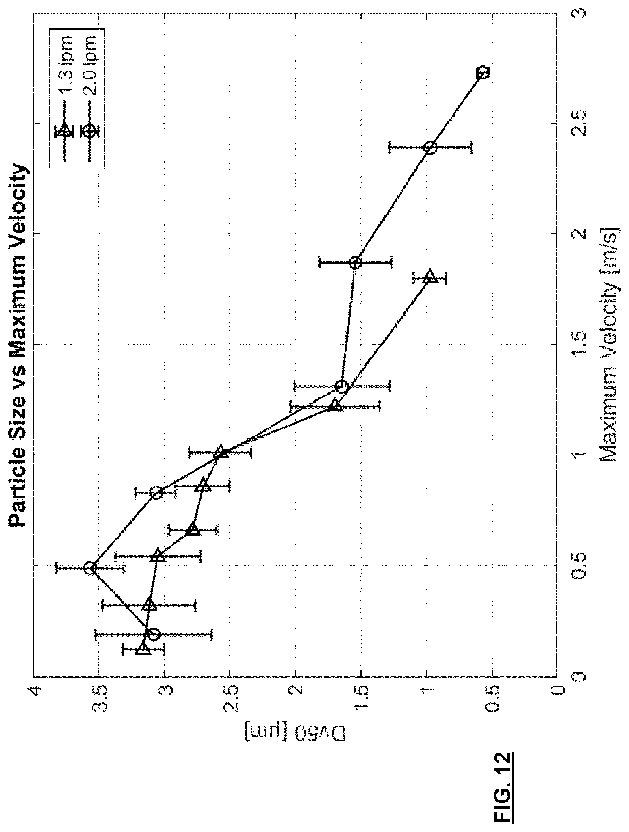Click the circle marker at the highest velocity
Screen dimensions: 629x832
[483, 72]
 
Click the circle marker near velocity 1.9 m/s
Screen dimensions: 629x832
[355, 262]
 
